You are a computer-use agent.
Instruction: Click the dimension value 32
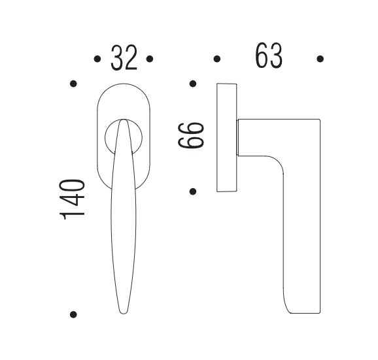pyautogui.click(x=124, y=57)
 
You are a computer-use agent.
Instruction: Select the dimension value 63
pyautogui.click(x=269, y=56)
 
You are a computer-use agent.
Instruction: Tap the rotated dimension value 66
pyautogui.click(x=191, y=136)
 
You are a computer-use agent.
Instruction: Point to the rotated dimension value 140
pyautogui.click(x=72, y=199)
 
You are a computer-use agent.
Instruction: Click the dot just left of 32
pyautogui.click(x=97, y=59)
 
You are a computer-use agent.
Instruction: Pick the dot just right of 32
pyautogui.click(x=150, y=59)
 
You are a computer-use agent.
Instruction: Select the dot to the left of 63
pyautogui.click(x=217, y=59)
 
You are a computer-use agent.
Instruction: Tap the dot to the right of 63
pyautogui.click(x=320, y=59)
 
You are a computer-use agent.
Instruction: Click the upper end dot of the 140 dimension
pyautogui.click(x=73, y=84)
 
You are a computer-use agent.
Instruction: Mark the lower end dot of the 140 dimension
pyautogui.click(x=73, y=314)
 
